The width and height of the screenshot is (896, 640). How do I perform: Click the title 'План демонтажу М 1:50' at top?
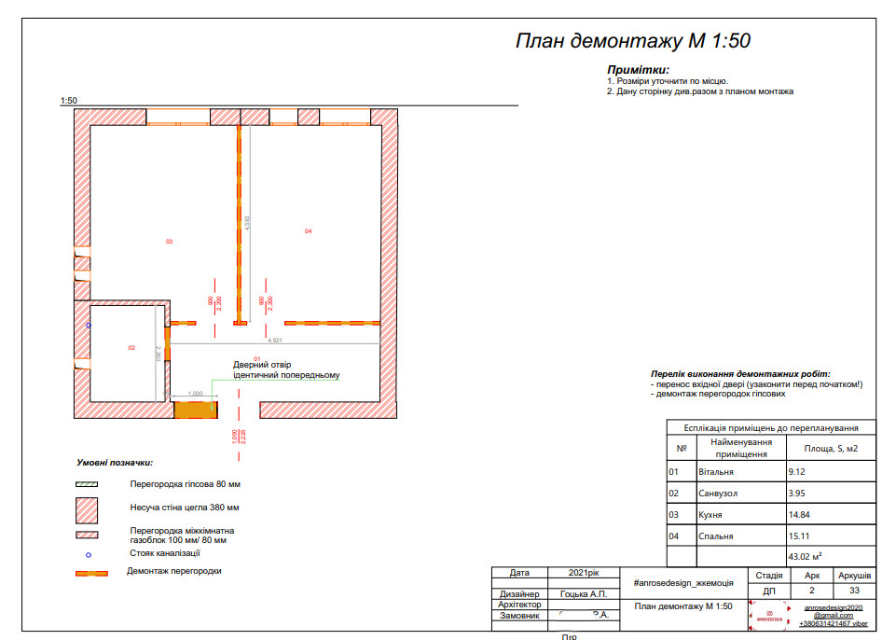click(633, 41)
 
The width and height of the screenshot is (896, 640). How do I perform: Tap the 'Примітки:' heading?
click(638, 70)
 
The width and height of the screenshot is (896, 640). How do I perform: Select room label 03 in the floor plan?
click(169, 242)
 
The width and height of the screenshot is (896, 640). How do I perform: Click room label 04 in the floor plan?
click(308, 230)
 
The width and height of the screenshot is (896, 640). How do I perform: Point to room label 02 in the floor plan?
click(131, 347)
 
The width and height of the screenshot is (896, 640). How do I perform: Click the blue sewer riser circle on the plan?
click(89, 325)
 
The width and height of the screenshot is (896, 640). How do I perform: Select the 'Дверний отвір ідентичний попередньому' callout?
click(285, 370)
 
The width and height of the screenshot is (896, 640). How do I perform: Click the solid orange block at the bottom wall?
click(195, 409)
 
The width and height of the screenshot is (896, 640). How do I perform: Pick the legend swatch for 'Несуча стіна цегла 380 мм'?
click(88, 508)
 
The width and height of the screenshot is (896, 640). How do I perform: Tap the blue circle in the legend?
click(88, 554)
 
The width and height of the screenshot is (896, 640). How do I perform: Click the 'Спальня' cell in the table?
click(715, 536)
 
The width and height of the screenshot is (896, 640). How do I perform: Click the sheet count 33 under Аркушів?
click(854, 591)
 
